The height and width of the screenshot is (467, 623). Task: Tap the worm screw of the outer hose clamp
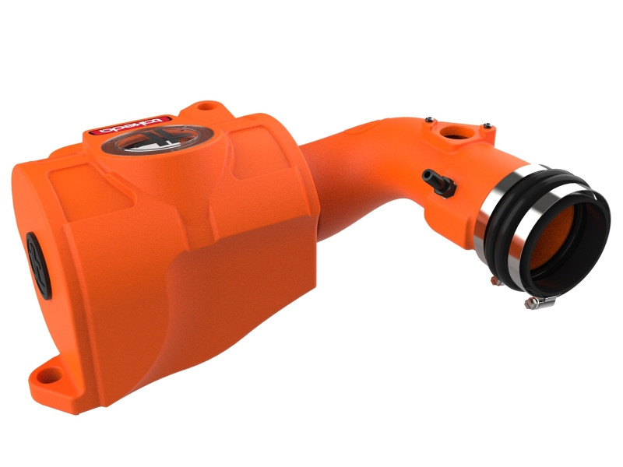coord(537,300)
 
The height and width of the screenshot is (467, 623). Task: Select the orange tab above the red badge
coord(204,107)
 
